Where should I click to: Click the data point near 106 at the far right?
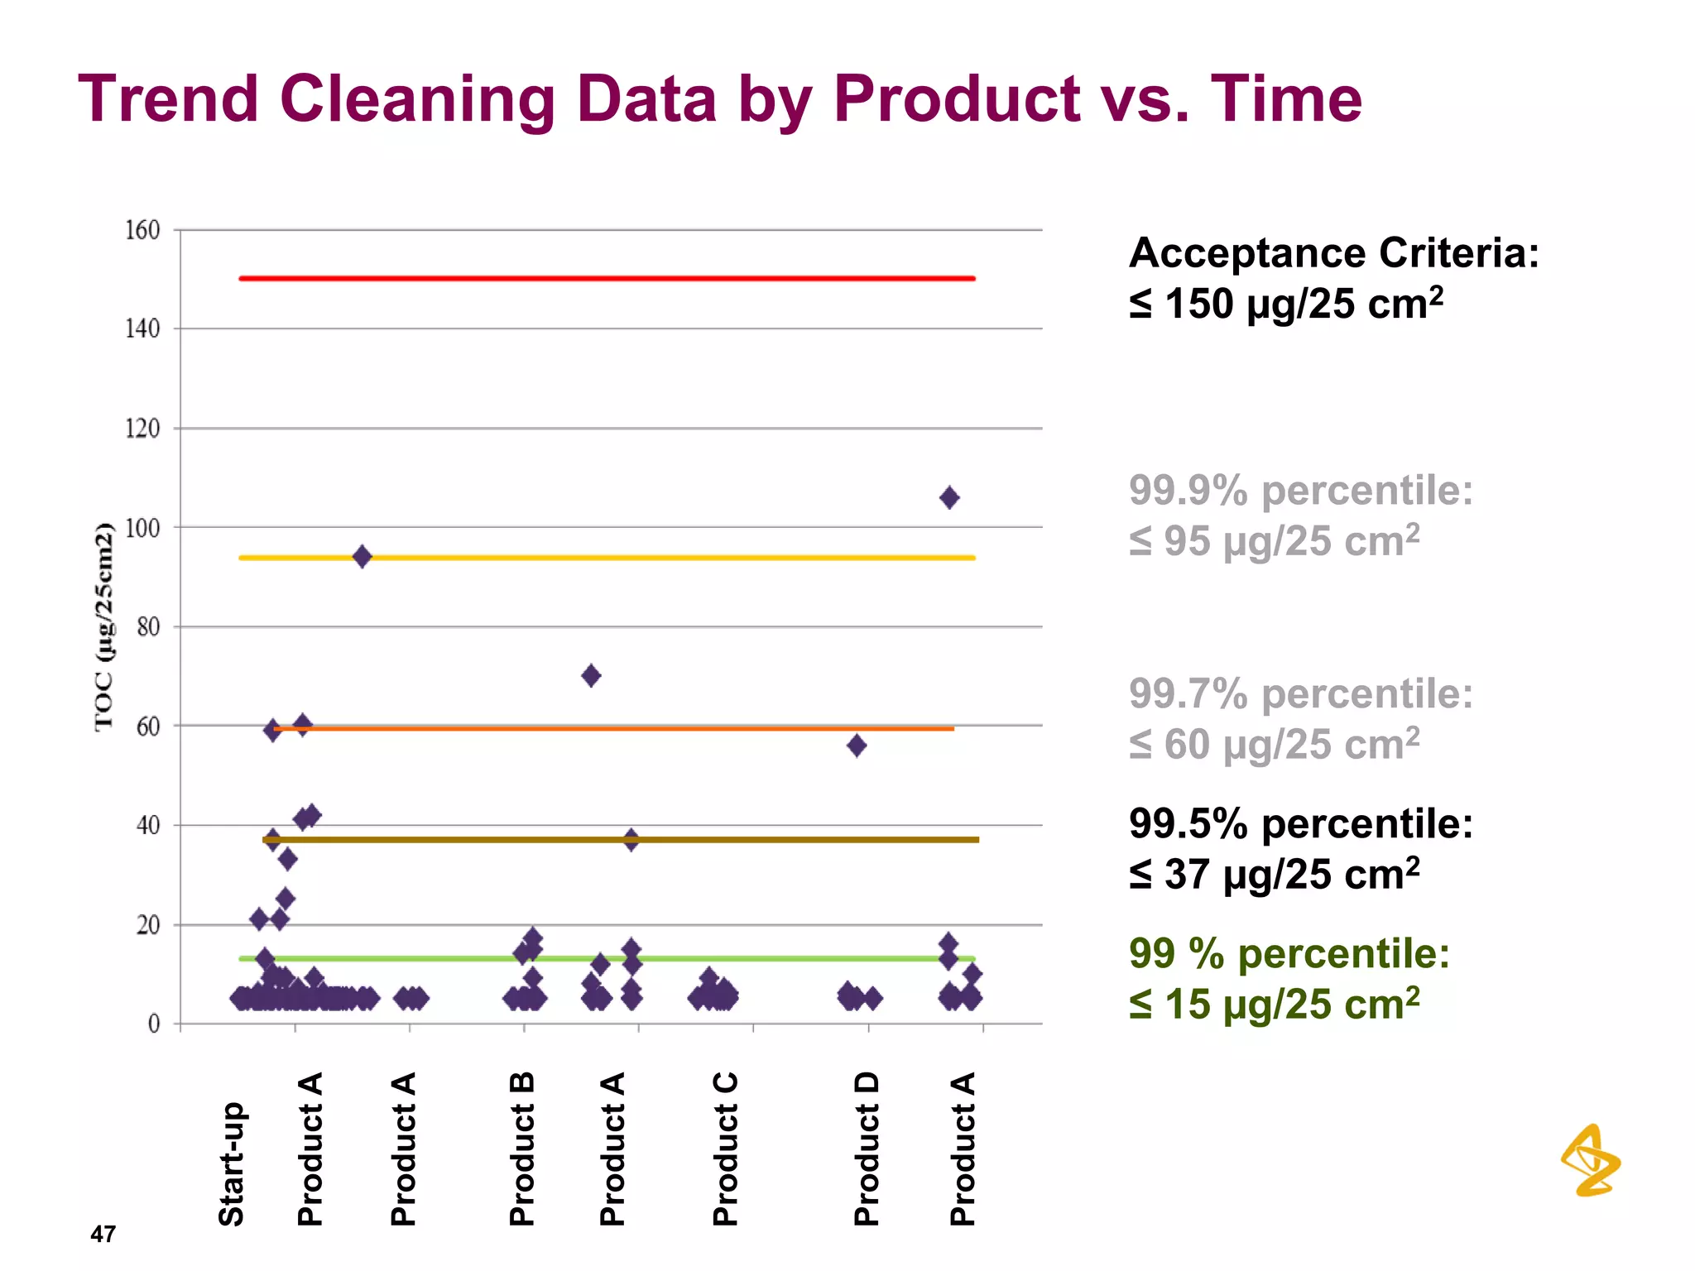[x=949, y=497]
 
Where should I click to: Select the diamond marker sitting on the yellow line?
[x=362, y=556]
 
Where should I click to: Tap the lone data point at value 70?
[x=591, y=675]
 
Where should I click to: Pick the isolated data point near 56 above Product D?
[x=857, y=746]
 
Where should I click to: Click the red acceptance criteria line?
[x=607, y=278]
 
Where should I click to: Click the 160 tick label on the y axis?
[x=142, y=230]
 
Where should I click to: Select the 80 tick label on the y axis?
[x=148, y=627]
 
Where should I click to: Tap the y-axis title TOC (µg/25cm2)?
[x=103, y=627]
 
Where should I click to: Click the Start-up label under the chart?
[x=231, y=1163]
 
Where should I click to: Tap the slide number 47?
[x=103, y=1234]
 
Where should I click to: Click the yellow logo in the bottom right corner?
[x=1591, y=1160]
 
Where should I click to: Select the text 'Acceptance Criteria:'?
[x=1333, y=252]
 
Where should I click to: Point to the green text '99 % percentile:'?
[x=1289, y=953]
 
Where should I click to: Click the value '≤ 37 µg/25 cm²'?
[x=1274, y=875]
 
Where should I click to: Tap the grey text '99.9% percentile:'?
[x=1300, y=490]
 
